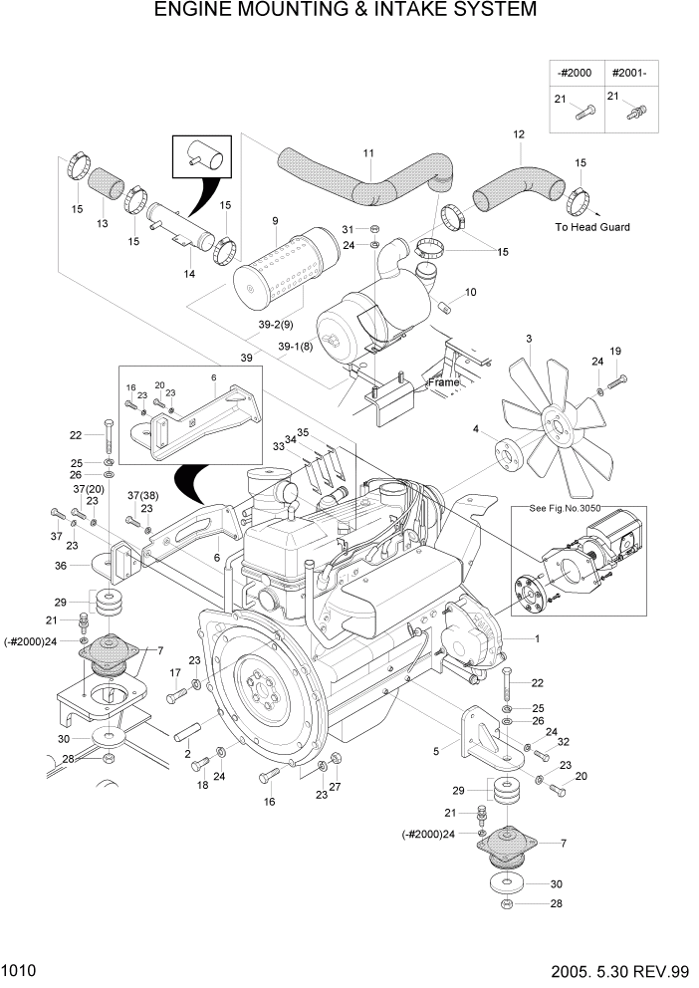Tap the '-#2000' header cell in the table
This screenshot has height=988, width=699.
[575, 73]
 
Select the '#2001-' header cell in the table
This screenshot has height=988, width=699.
[629, 73]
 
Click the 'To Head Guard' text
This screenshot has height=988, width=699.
[592, 227]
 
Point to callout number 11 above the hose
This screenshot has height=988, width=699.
[368, 153]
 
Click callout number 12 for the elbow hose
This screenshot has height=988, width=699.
[518, 134]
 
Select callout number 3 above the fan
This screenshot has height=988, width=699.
[529, 340]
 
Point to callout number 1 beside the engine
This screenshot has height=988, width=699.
[537, 638]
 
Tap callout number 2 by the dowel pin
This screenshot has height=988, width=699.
[188, 754]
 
